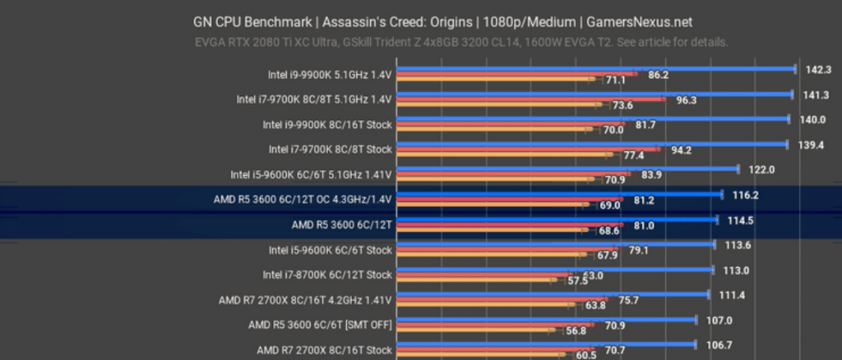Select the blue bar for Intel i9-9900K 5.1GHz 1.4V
(x=595, y=69)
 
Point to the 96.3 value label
(x=686, y=100)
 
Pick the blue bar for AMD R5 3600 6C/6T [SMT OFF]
(x=547, y=321)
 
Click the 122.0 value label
(x=761, y=169)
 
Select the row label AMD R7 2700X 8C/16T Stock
(x=324, y=349)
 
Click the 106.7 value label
(x=719, y=344)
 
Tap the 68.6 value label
(x=609, y=231)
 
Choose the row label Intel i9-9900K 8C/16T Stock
(x=327, y=125)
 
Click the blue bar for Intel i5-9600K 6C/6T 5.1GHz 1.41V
(x=567, y=169)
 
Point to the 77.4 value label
(x=633, y=155)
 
